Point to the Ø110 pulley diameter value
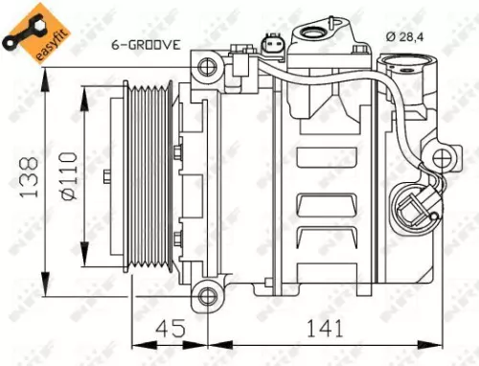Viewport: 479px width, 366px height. pos(66,177)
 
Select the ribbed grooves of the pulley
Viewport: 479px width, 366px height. pos(154,178)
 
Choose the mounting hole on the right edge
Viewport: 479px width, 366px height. pos(441,157)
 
